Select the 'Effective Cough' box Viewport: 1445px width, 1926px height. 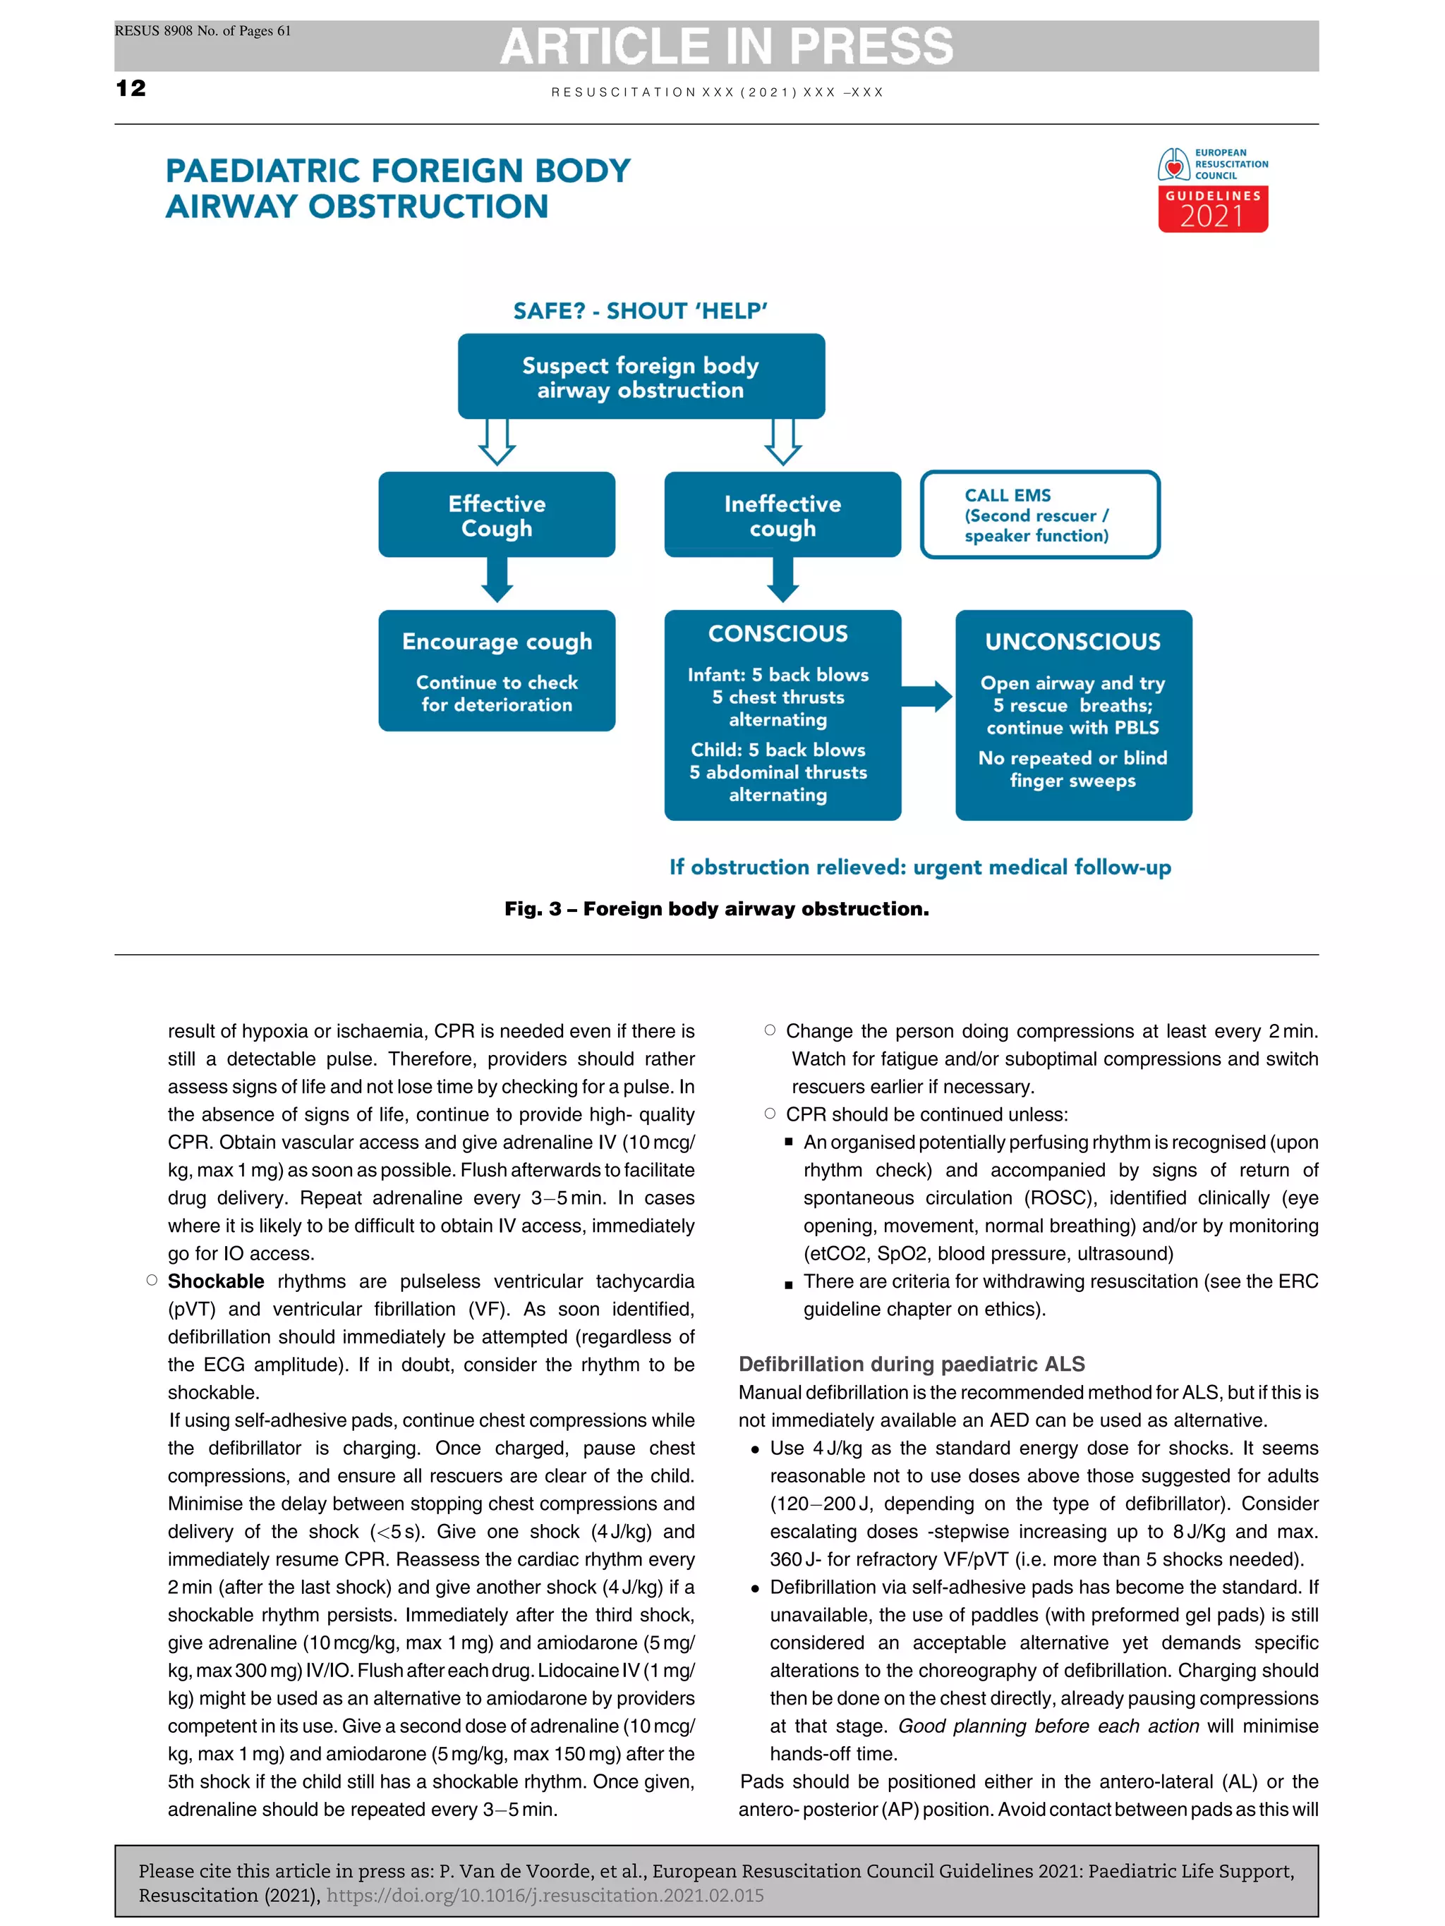tap(497, 516)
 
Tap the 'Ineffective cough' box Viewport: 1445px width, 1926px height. tap(782, 516)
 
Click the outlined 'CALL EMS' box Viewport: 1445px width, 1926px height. tap(1039, 516)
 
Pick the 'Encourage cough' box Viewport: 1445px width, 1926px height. tap(497, 671)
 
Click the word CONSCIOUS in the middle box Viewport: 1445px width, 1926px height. tap(778, 634)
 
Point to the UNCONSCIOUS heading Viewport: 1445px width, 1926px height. tap(1072, 642)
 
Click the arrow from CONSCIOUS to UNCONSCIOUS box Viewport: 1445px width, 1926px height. tap(926, 697)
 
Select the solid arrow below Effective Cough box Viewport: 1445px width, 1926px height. tap(497, 580)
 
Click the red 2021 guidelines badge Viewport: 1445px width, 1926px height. tap(1212, 210)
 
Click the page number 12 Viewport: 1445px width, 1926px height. tap(131, 88)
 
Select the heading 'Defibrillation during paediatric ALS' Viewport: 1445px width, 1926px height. tap(911, 1363)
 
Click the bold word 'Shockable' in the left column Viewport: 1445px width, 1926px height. tap(215, 1281)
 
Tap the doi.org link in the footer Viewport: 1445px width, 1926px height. tap(545, 1896)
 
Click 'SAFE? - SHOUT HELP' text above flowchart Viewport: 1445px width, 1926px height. tap(640, 312)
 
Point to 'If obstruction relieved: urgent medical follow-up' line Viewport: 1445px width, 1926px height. tap(920, 867)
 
